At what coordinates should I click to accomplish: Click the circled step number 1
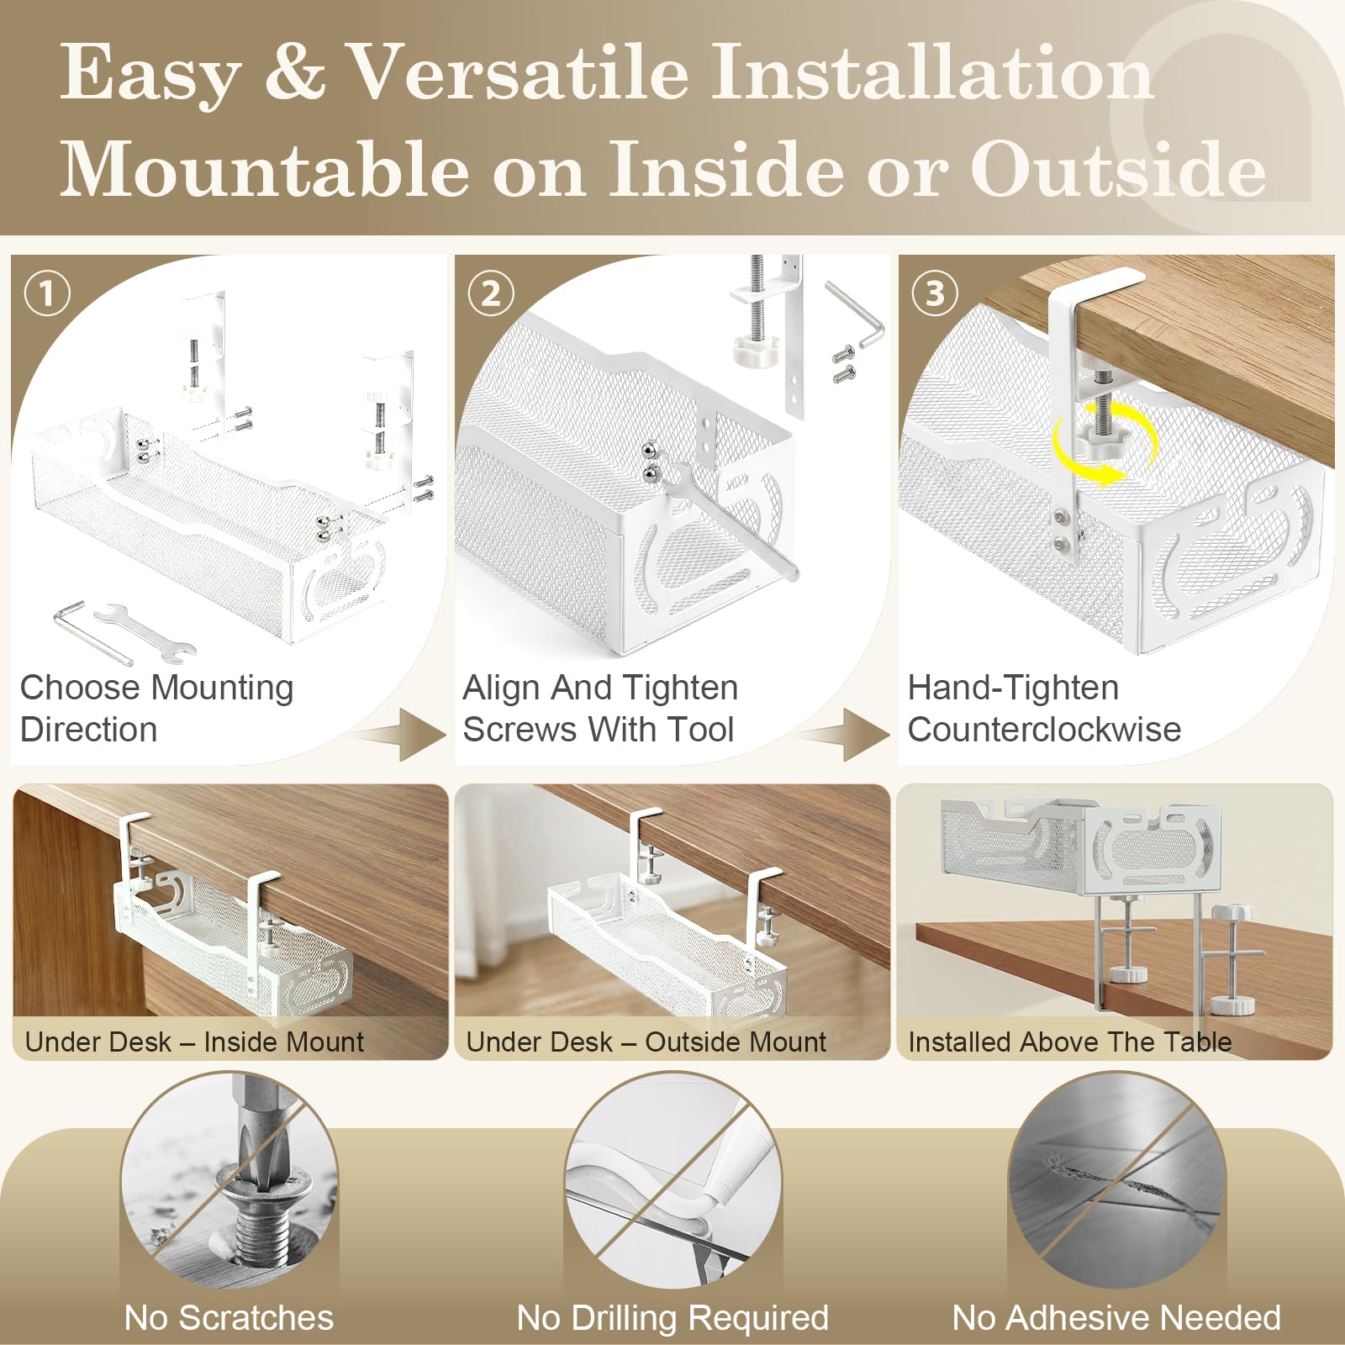click(47, 293)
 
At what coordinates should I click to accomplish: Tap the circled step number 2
click(491, 293)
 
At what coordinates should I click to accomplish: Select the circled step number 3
click(935, 293)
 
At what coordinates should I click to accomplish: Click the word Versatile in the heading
click(519, 74)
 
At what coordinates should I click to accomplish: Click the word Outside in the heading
click(1119, 171)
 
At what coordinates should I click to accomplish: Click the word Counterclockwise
click(1044, 730)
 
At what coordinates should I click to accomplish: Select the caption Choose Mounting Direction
click(156, 709)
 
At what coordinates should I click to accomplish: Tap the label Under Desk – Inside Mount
click(194, 1042)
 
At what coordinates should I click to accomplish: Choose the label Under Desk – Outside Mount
click(646, 1042)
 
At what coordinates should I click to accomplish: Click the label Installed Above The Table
click(1069, 1042)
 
